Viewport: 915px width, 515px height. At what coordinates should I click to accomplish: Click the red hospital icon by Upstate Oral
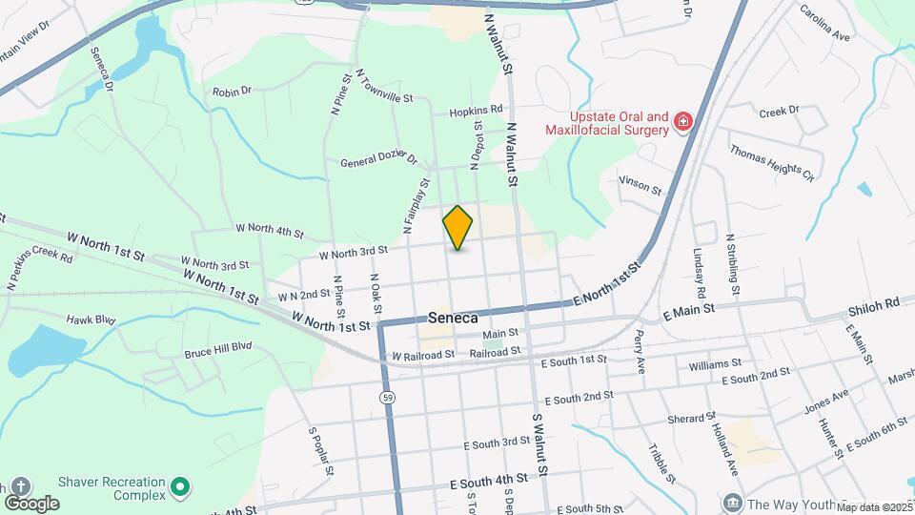click(682, 121)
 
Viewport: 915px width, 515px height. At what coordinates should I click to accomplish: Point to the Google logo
click(31, 503)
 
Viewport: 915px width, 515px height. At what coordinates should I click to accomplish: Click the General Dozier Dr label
click(379, 158)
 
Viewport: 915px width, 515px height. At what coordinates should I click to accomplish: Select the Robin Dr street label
click(232, 92)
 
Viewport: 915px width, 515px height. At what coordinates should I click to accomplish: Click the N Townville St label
click(383, 86)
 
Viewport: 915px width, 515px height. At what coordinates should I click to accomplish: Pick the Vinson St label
click(640, 184)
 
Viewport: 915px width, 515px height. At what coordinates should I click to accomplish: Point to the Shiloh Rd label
click(873, 304)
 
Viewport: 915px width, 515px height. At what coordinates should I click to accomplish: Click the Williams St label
click(714, 363)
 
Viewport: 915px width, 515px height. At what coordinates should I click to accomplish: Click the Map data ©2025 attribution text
click(874, 507)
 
